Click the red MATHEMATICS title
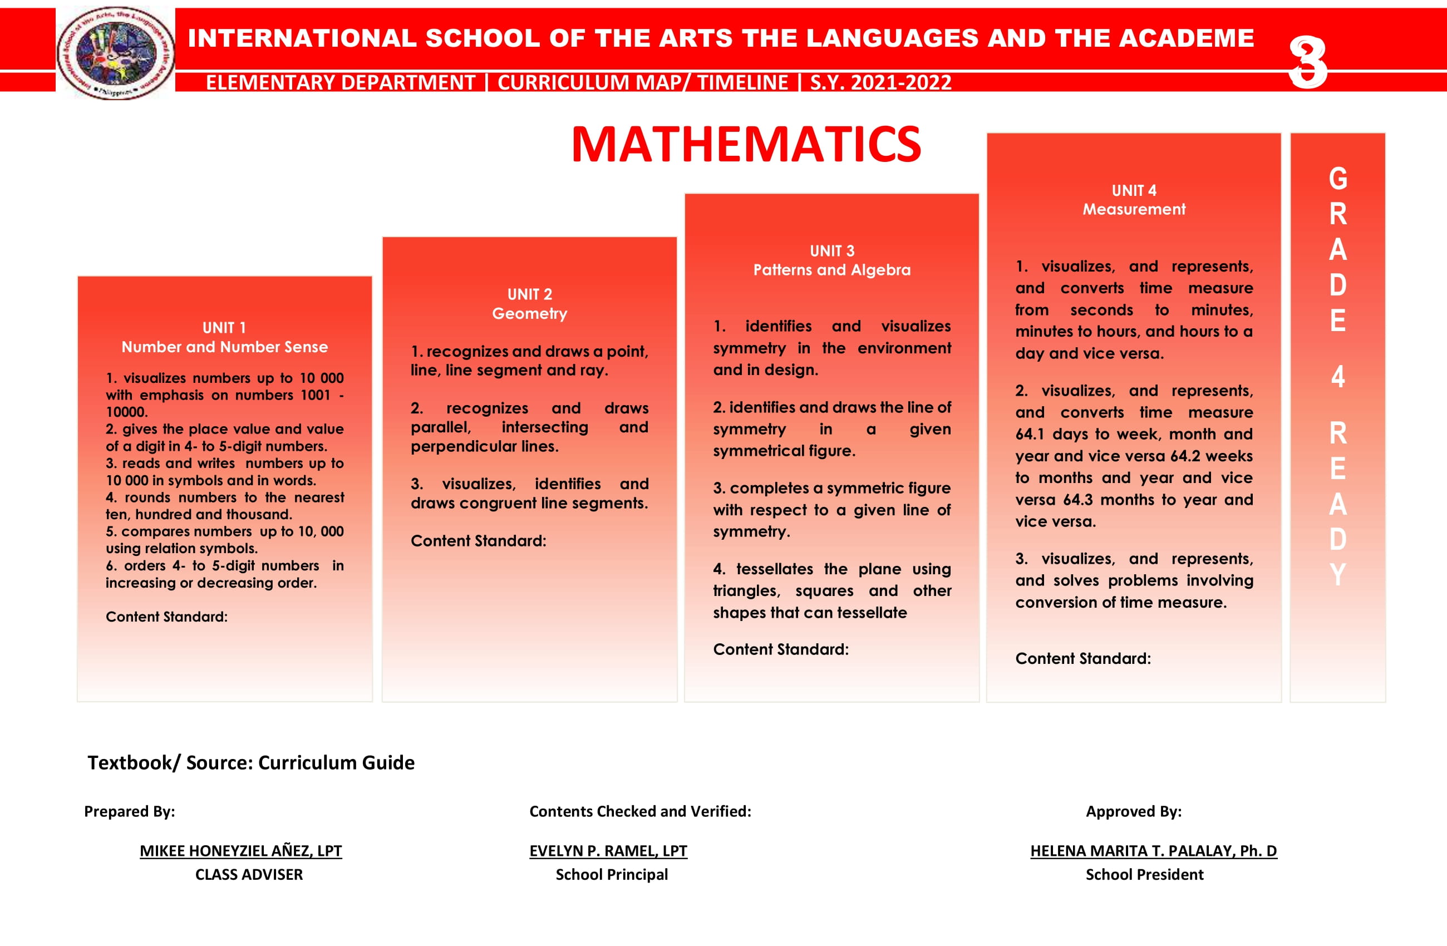point(746,145)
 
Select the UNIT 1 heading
point(224,328)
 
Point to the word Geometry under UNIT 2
point(530,314)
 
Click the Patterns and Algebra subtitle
point(831,270)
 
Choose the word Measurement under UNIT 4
point(1134,209)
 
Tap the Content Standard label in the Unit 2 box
point(479,540)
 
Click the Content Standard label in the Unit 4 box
point(1083,658)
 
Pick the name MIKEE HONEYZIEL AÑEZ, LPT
point(241,850)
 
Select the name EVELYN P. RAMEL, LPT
point(608,850)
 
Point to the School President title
point(1144,874)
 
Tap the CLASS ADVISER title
point(249,874)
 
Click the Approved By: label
point(1134,811)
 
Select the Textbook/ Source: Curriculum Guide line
point(250,762)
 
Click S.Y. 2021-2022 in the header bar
point(880,82)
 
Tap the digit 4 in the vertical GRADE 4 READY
point(1337,377)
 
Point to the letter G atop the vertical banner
point(1337,179)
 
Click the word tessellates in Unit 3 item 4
point(775,569)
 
